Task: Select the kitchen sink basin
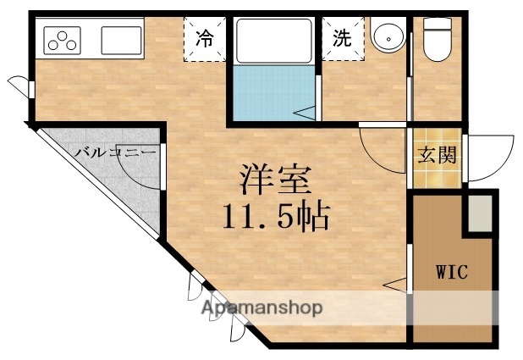point(121,39)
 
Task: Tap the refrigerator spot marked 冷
point(204,38)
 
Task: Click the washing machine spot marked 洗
point(341,38)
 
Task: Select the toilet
point(437,40)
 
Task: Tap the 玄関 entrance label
point(437,156)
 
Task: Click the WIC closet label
point(452,273)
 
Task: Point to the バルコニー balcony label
point(115,153)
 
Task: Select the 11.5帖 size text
point(276,218)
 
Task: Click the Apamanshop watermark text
point(262,308)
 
